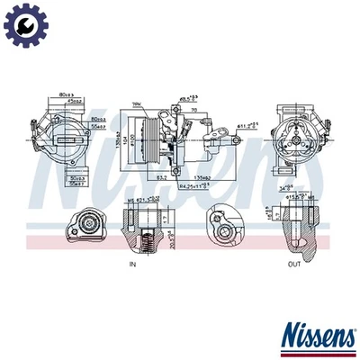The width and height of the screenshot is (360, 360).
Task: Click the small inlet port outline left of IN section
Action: coord(87,227)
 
